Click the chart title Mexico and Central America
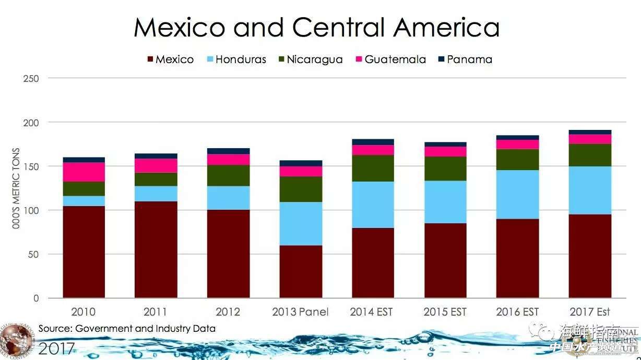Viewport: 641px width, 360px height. coord(316,27)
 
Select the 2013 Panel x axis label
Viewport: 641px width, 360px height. coord(300,312)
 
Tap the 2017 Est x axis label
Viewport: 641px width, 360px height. coord(590,312)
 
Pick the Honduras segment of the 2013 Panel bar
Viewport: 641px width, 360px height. coord(301,224)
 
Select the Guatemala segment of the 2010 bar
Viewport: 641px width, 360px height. coord(84,172)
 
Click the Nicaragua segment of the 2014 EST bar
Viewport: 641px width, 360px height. coord(373,169)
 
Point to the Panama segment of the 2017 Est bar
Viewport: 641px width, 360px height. coord(590,132)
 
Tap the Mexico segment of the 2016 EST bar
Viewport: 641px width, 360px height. coord(517,258)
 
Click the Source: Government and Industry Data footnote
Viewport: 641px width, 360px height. coord(127,329)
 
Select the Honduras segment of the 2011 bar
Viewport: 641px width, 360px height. coord(156,194)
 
